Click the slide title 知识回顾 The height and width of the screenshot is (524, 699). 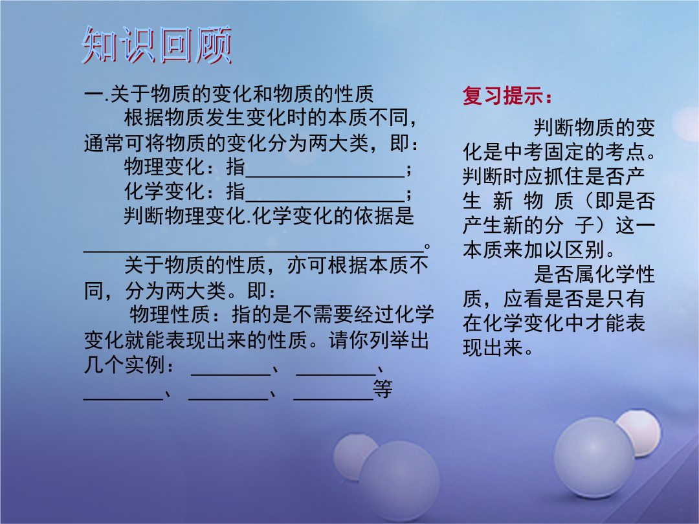[x=157, y=45]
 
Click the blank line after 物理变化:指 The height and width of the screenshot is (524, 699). [x=325, y=177]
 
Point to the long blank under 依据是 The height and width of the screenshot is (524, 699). [x=253, y=252]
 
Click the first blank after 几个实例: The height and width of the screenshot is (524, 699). [x=231, y=375]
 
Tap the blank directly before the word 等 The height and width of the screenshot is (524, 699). [x=333, y=399]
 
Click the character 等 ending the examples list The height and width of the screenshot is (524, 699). [x=383, y=389]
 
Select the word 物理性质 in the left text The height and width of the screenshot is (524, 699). [x=170, y=314]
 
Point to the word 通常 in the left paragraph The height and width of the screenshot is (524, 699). [x=104, y=144]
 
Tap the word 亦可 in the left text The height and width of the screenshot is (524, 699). [x=307, y=266]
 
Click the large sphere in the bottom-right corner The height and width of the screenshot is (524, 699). [x=594, y=458]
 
